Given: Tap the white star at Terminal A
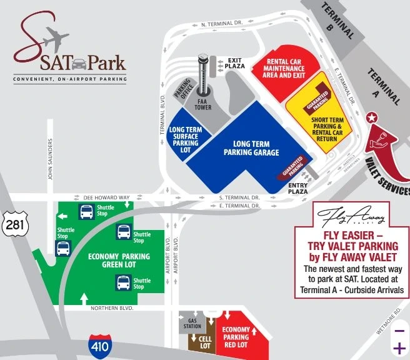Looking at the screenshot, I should [x=371, y=117].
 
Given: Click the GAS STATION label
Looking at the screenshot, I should [x=192, y=323].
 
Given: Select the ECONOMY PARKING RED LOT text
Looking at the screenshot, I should [x=236, y=338].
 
